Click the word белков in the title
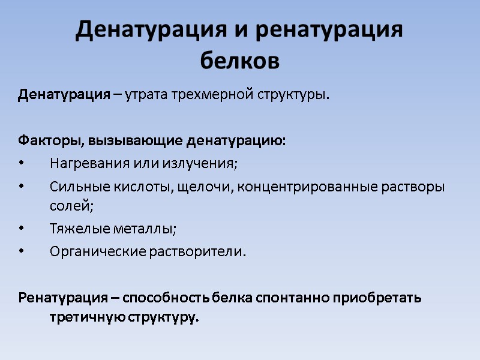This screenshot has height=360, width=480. click(x=239, y=60)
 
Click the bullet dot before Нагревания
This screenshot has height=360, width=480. click(x=22, y=163)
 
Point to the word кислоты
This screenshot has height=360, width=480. click(x=145, y=187)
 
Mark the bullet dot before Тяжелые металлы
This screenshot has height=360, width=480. click(x=22, y=229)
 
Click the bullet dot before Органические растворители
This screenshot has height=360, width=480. click(x=22, y=251)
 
